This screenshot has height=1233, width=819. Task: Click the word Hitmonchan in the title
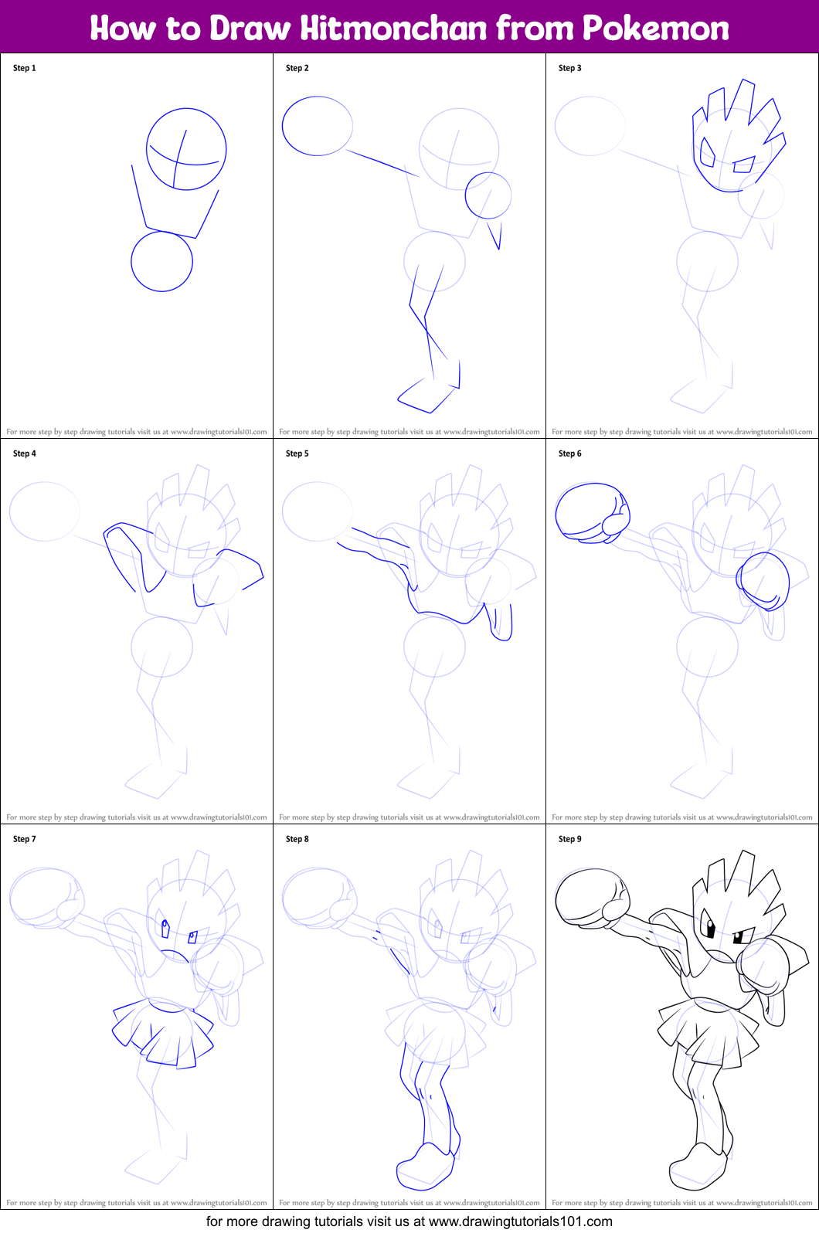click(x=394, y=29)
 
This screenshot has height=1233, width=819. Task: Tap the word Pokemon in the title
click(x=655, y=29)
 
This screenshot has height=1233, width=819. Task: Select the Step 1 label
click(x=25, y=68)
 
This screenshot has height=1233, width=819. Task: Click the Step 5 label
click(x=297, y=453)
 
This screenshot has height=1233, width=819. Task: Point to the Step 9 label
click(x=570, y=839)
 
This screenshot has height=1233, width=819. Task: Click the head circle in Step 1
click(x=186, y=149)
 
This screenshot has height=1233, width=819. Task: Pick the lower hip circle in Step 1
click(x=161, y=262)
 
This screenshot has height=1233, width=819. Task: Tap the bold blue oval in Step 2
click(x=318, y=126)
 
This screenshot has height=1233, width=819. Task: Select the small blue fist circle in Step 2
click(x=488, y=195)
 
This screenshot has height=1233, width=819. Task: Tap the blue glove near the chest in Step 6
click(x=763, y=581)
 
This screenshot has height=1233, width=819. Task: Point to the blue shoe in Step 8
click(x=423, y=1167)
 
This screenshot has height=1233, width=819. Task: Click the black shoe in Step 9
click(x=697, y=1167)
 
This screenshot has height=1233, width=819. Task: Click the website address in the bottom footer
click(x=520, y=1221)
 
